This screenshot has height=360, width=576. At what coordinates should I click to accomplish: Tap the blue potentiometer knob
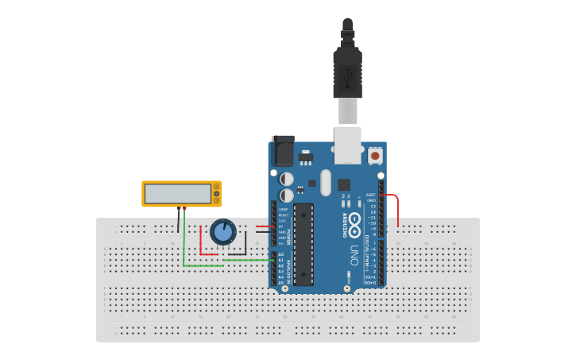tap(223, 231)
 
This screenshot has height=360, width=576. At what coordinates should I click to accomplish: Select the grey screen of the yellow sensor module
tap(177, 194)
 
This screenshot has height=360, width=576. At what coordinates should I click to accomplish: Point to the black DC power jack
tap(282, 151)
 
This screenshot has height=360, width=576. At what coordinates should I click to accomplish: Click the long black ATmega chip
tap(303, 244)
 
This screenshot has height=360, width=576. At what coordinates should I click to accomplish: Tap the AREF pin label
tap(371, 195)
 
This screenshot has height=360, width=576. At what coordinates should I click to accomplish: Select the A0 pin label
tap(281, 254)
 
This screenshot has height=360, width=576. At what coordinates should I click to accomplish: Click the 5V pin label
tap(282, 226)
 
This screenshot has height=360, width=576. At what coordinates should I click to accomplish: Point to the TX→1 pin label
tap(370, 277)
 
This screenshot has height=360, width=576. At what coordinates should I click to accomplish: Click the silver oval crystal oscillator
tap(325, 182)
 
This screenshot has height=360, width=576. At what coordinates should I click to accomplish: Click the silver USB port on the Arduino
tap(347, 146)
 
